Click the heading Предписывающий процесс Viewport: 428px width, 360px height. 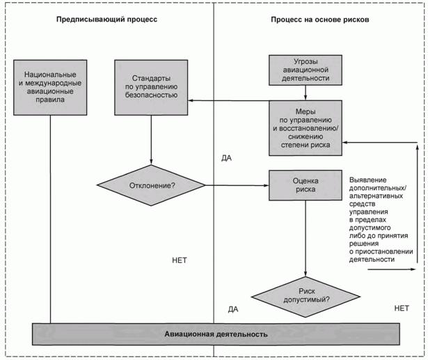tap(106, 19)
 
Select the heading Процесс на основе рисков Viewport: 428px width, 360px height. tap(320, 19)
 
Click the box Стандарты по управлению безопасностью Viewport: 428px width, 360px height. tap(150, 86)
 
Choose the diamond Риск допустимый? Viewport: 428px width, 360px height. tap(305, 295)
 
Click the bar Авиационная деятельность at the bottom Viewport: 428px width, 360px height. tap(215, 334)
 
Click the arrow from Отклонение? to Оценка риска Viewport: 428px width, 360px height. tap(237, 185)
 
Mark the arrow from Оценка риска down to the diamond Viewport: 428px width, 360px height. tap(305, 237)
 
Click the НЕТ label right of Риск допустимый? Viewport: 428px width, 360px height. tap(402, 307)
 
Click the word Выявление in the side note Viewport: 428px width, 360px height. tap(370, 182)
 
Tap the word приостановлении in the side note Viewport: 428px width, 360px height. tap(386, 251)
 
